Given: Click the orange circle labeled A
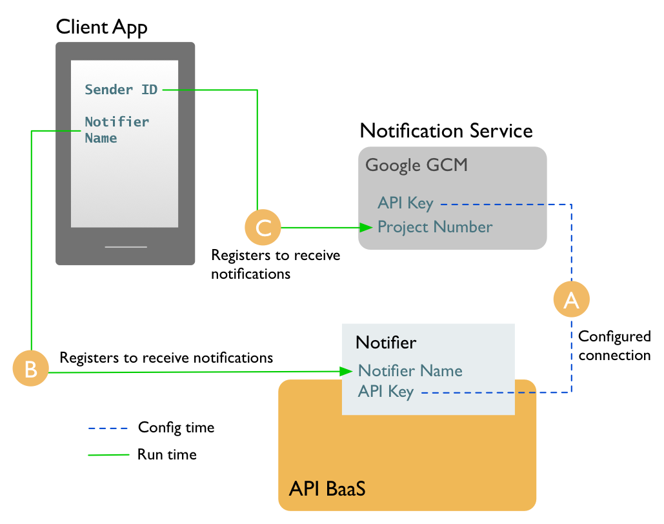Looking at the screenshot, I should coord(572,299).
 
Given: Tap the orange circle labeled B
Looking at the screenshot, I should coord(31,368).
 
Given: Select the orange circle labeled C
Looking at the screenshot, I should coord(263,227).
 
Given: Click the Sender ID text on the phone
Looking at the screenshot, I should coord(121,90).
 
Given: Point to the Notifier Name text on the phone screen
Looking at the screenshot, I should coord(116,130).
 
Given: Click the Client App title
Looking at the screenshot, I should coord(102,27).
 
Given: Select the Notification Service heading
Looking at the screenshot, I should coord(446,131).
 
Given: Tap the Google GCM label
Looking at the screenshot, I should coord(416,165).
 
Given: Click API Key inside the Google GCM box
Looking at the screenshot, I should coord(405,204).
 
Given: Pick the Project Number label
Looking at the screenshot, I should coord(435,227).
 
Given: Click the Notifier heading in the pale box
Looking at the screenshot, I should coord(386,343).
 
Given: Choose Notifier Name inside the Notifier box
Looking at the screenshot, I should coord(410,371).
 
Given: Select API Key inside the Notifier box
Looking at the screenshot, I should coord(386,392).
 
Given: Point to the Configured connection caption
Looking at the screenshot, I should coord(614,346).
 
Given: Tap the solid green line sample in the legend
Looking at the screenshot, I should coord(108,455).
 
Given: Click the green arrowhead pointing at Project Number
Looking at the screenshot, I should coord(367,227).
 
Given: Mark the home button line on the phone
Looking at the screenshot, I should coord(126,247).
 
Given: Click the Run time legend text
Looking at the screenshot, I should coord(166,455).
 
